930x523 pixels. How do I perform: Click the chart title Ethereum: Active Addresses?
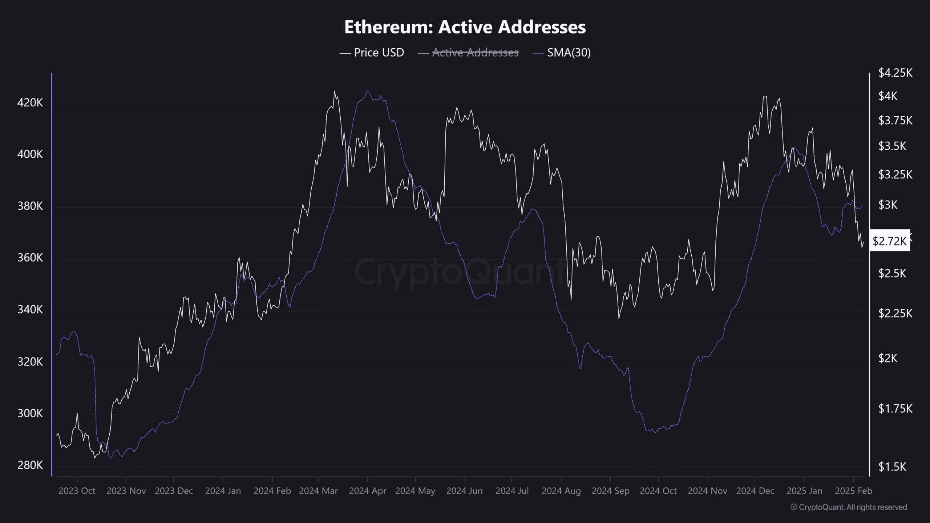[x=465, y=27]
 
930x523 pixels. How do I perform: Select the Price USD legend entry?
[x=379, y=53]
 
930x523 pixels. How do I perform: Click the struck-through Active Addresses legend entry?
[x=475, y=53]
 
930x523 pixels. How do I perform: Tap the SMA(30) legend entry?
[x=569, y=53]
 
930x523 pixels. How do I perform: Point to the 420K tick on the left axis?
[x=30, y=103]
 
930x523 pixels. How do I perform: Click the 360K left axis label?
[x=30, y=258]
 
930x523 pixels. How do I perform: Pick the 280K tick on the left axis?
[x=30, y=465]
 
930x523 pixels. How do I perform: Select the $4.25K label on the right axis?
[x=895, y=73]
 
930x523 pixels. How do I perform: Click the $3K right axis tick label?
[x=888, y=205]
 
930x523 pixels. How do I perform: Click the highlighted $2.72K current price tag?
[x=890, y=241]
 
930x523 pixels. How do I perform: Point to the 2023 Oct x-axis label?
[x=77, y=491]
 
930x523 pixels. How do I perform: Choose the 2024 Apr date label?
[x=367, y=491]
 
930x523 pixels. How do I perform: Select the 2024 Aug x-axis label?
[x=561, y=491]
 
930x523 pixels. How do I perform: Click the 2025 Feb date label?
[x=853, y=491]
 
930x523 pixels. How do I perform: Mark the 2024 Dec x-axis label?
[x=755, y=491]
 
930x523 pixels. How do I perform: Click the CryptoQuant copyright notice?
[x=849, y=507]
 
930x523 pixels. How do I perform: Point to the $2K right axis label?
[x=888, y=358]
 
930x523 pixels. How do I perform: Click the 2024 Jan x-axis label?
[x=223, y=491]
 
